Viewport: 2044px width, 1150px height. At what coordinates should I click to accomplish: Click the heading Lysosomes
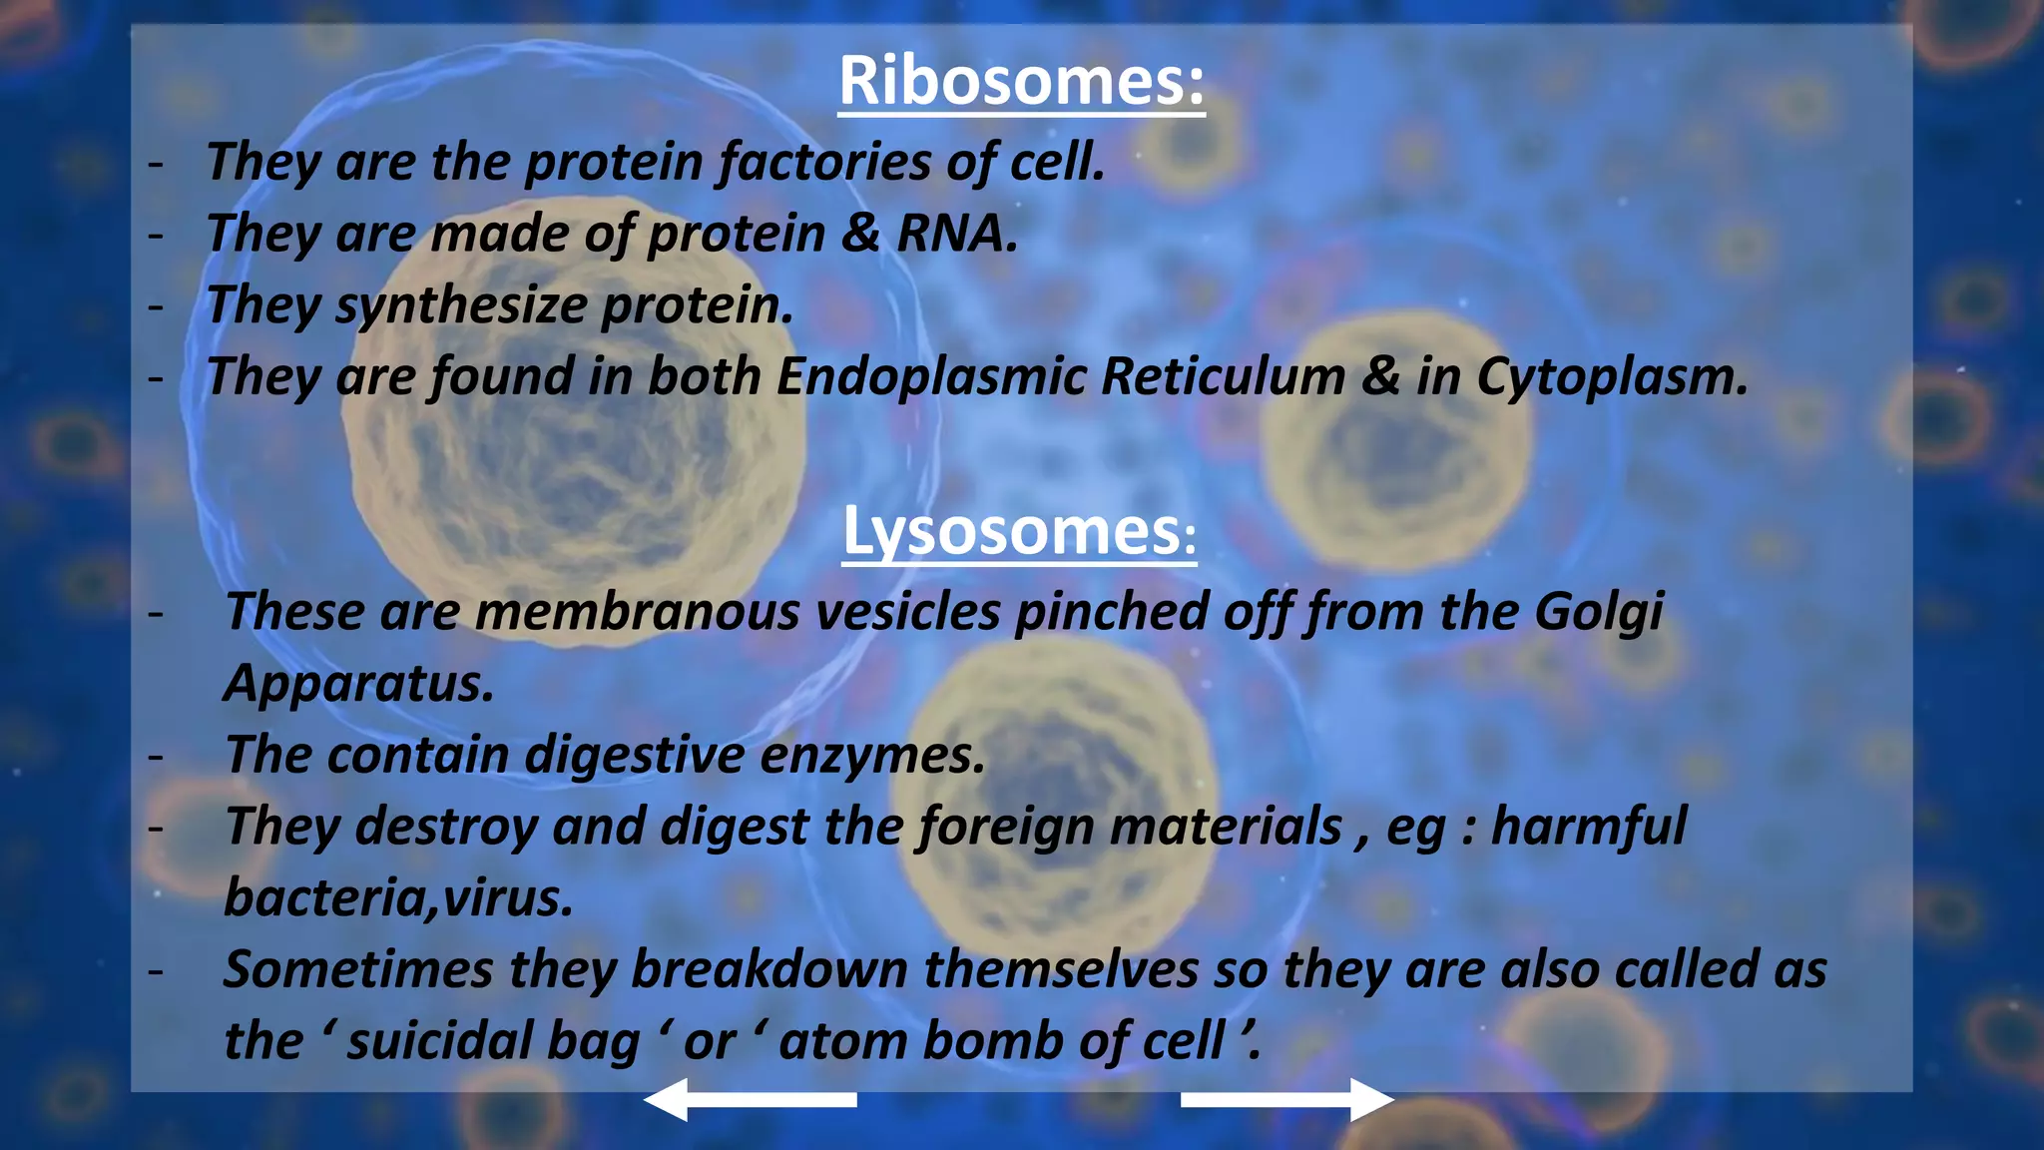(x=1018, y=531)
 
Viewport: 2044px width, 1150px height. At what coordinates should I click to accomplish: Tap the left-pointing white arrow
(x=751, y=1099)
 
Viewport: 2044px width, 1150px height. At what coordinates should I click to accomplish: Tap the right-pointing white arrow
(x=1287, y=1099)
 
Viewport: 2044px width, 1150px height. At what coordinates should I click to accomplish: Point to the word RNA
(x=957, y=234)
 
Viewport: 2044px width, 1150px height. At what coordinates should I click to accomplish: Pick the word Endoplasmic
(x=931, y=377)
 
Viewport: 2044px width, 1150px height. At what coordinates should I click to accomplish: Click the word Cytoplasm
(x=1611, y=377)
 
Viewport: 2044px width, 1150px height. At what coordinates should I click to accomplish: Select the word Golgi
(x=1598, y=612)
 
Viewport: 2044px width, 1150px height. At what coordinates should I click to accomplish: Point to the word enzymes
(x=872, y=755)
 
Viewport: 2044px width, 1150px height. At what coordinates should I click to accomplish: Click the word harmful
(x=1588, y=827)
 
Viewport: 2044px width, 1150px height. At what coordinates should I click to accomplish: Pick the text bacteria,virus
(x=399, y=898)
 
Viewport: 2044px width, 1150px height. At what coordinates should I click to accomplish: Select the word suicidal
(x=438, y=1041)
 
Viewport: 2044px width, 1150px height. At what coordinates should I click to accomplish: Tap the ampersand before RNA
(x=859, y=234)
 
